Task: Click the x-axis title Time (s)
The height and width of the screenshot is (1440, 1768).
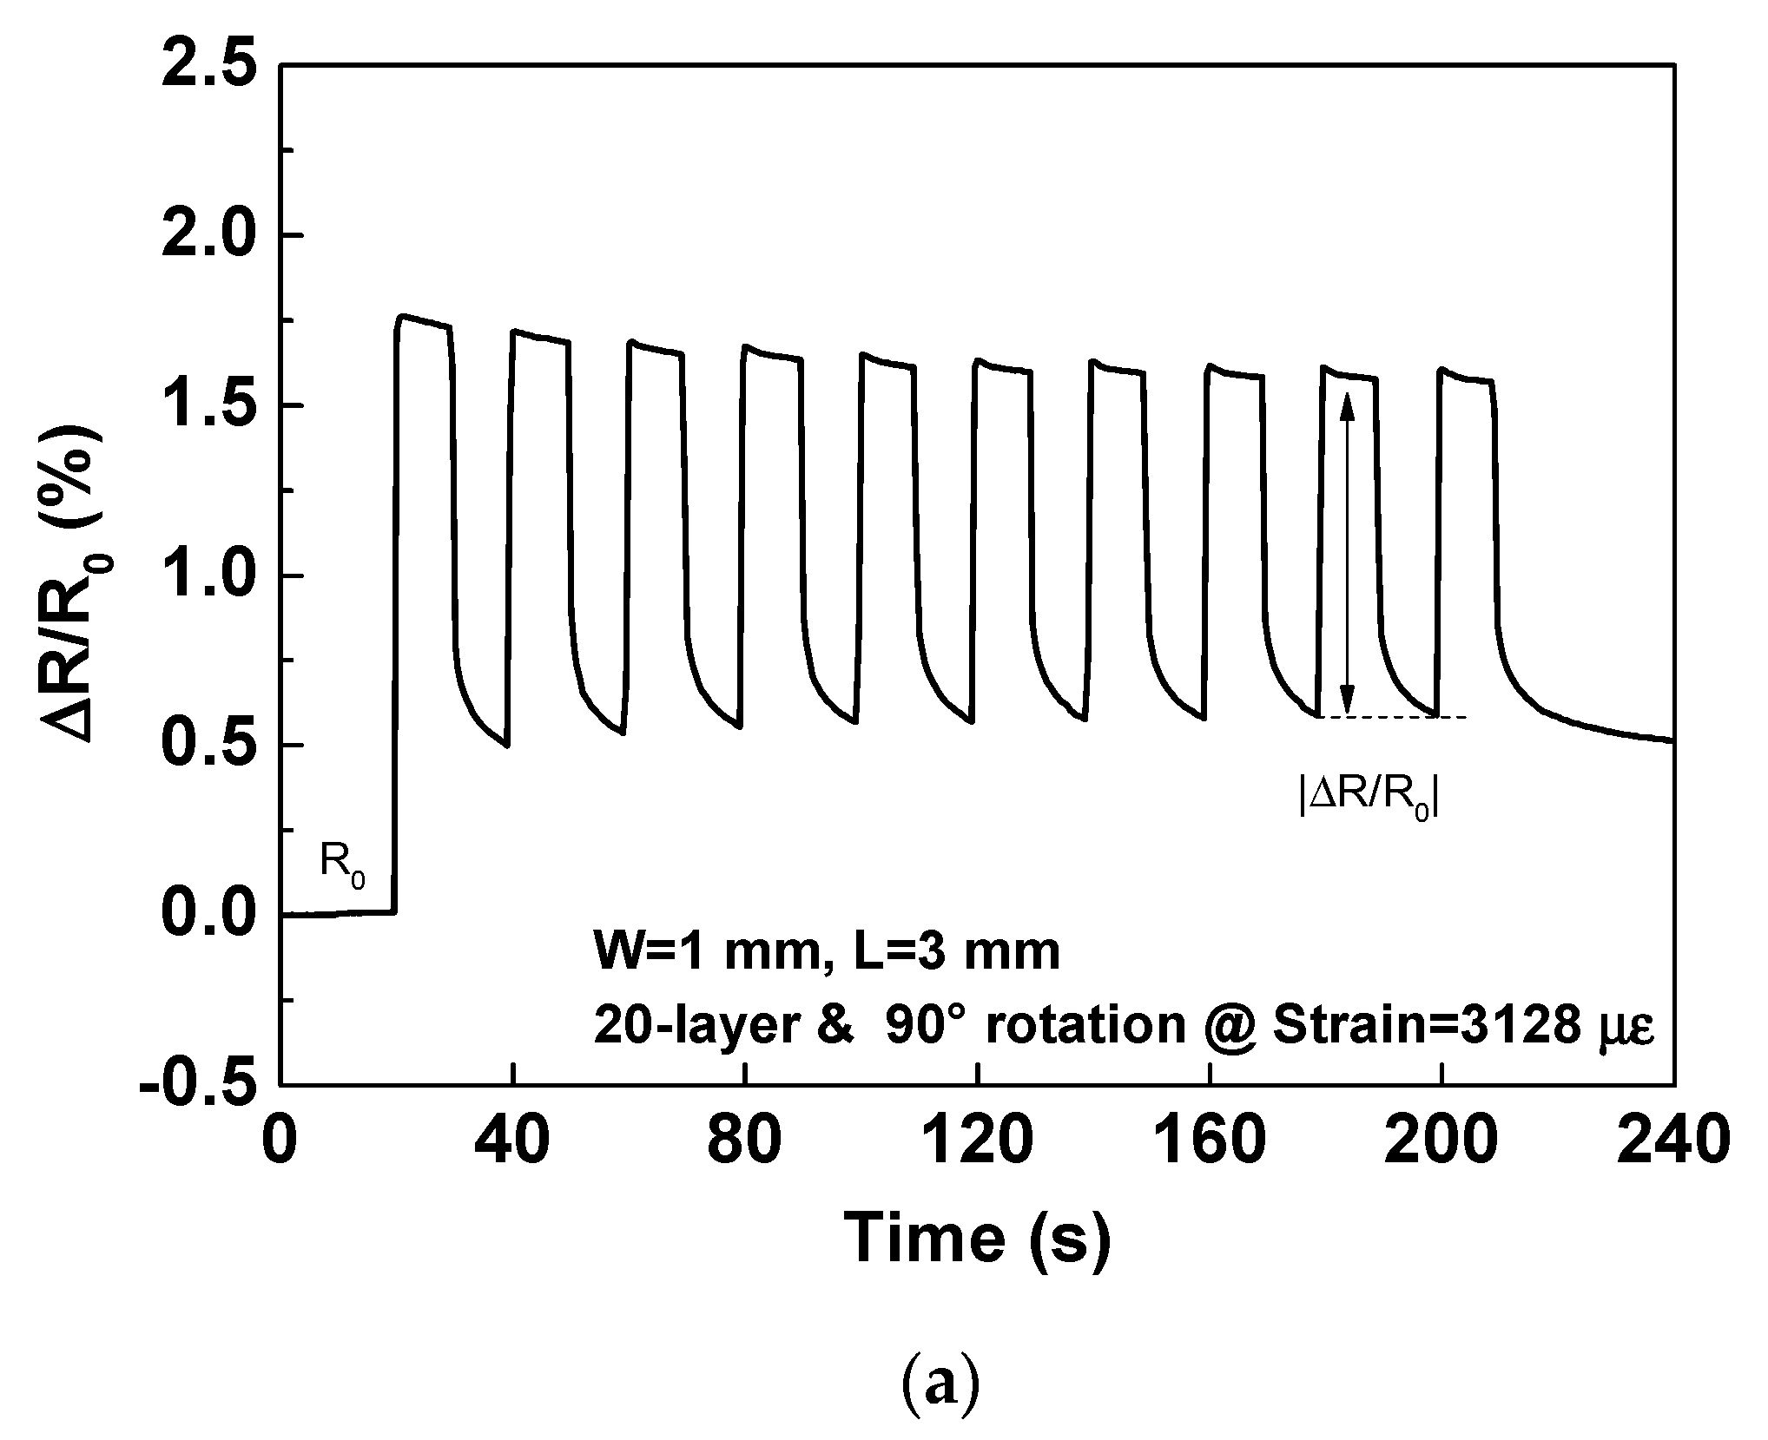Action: (x=978, y=1238)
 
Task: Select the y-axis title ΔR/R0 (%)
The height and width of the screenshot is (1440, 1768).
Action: (x=83, y=575)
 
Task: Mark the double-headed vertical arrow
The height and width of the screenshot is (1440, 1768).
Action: (x=1347, y=553)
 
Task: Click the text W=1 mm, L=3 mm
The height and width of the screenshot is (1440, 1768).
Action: (x=827, y=952)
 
